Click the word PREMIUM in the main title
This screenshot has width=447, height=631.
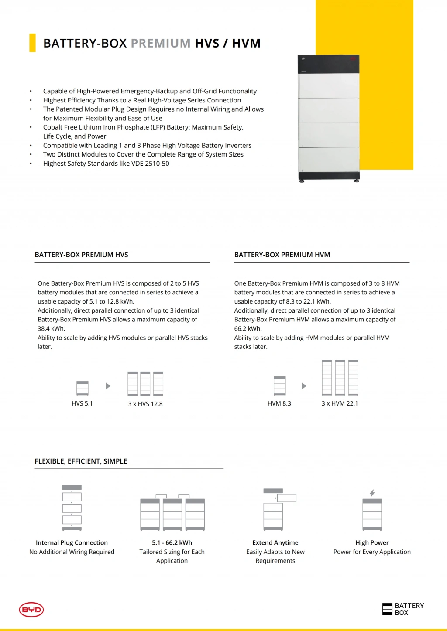coord(161,43)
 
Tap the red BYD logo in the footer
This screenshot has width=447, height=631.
coord(31,610)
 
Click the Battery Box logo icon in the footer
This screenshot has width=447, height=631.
coord(387,609)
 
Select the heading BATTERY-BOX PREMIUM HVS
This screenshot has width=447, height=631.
coord(82,255)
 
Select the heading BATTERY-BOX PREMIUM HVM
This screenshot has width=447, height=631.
coord(282,255)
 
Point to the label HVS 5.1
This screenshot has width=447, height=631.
coord(82,403)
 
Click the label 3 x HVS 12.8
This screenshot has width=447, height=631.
coord(145,404)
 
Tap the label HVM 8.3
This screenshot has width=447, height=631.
coord(279,403)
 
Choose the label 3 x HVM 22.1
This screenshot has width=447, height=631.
coord(340,403)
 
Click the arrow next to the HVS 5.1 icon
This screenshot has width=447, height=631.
coord(108,386)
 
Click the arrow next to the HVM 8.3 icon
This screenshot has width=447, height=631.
coord(304,386)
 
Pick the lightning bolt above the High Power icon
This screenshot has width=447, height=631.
coord(372,493)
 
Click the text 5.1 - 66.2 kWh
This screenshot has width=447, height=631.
coord(172,542)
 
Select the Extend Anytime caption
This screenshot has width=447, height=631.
coord(275,542)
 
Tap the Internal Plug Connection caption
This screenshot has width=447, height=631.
coord(72,542)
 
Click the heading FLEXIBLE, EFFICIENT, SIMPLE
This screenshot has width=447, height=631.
coord(81,461)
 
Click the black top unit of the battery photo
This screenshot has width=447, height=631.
coord(328,65)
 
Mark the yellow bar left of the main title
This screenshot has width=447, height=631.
coord(32,43)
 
